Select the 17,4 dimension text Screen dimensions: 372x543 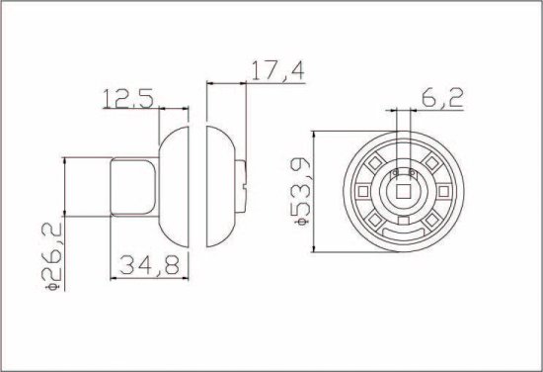273,71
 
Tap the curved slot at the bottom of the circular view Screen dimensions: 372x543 405,233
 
